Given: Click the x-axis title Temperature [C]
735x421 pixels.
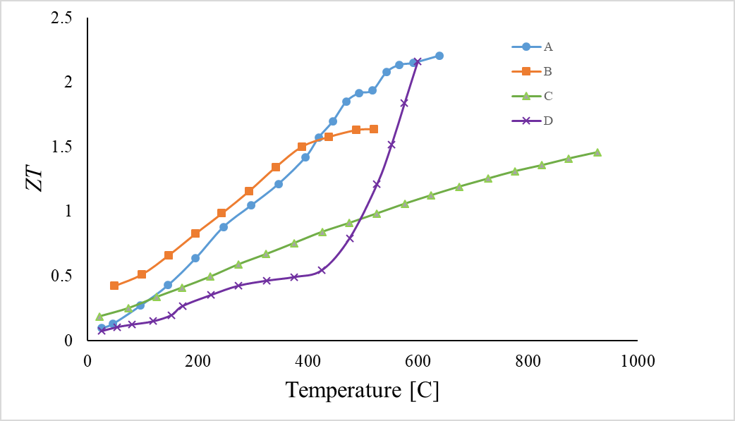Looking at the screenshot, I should click(x=362, y=390).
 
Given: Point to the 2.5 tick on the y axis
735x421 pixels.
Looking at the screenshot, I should click(x=63, y=18).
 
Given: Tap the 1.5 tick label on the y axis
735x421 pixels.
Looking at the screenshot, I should click(x=63, y=147).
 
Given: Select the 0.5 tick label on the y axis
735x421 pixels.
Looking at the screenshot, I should click(x=63, y=276).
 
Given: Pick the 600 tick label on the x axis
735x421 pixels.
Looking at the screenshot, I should click(x=418, y=360).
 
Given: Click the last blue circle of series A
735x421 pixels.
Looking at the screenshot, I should click(x=439, y=56).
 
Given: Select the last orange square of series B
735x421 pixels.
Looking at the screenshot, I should click(x=373, y=129).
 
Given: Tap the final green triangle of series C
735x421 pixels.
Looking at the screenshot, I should click(x=597, y=152).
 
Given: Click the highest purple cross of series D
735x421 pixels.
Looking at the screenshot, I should click(x=418, y=62).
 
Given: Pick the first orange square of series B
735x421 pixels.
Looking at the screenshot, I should click(x=114, y=286).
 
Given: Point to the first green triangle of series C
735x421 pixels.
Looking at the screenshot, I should click(x=99, y=317).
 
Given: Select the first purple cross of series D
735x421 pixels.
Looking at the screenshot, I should click(x=102, y=330).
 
